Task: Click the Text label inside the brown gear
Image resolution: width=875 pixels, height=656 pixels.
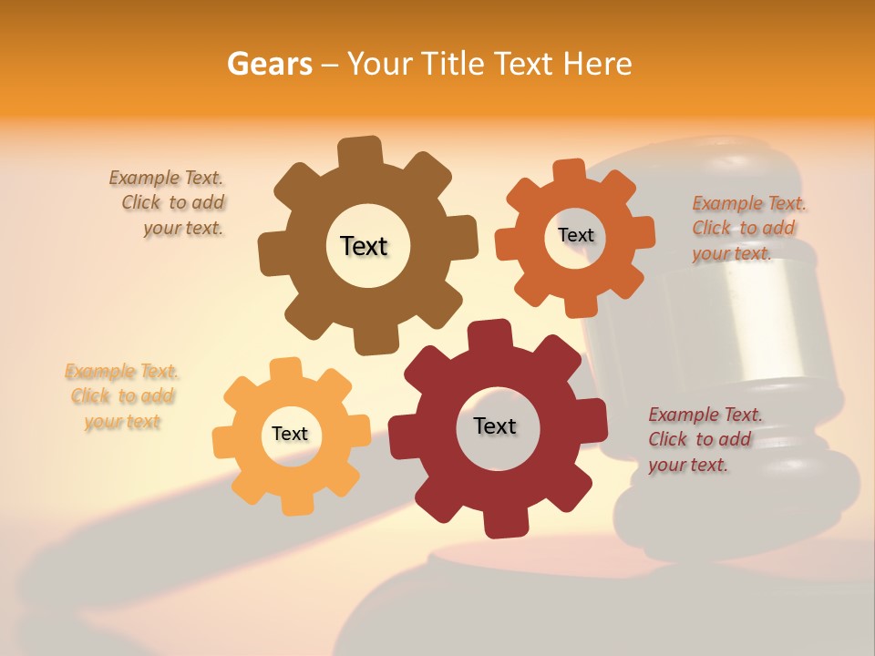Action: pos(364,246)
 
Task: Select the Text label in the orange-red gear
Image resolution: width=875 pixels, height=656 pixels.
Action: pos(575,235)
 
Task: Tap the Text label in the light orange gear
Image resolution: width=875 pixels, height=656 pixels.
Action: pos(290,434)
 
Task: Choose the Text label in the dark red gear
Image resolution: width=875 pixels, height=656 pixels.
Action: pos(495,425)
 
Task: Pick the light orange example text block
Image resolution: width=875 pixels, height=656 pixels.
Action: pos(122,396)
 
